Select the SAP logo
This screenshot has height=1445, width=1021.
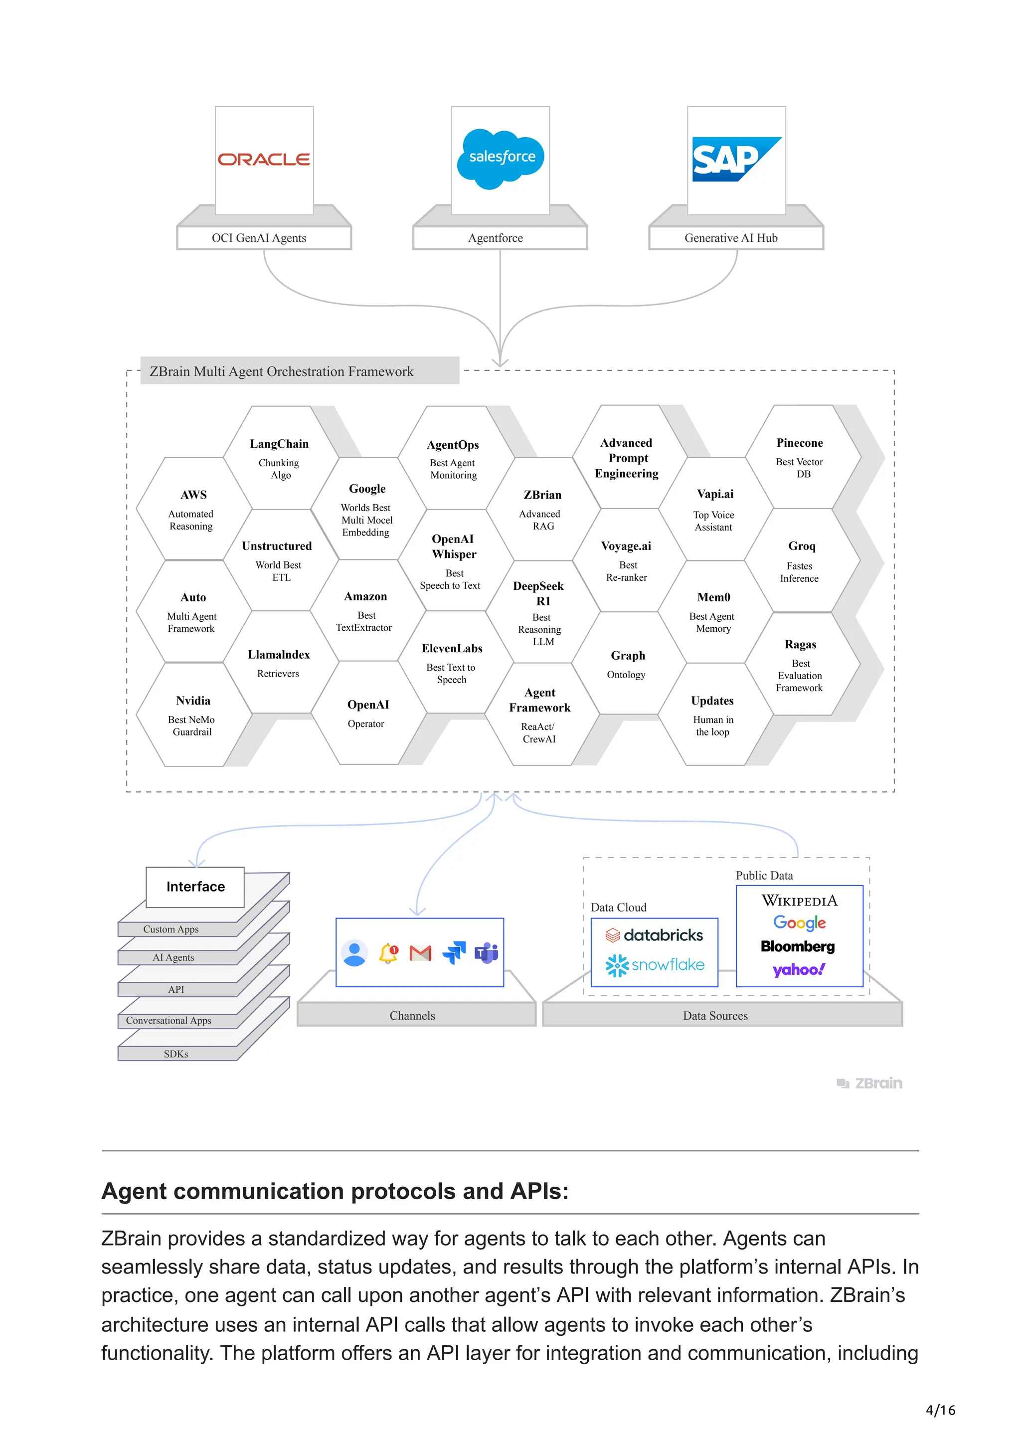735,159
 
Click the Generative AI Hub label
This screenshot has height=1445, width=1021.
731,238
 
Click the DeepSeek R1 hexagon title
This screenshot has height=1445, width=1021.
538,593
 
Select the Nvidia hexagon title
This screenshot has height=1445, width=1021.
193,701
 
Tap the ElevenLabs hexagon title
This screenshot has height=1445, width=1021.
452,648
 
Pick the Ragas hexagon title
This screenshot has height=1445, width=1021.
800,644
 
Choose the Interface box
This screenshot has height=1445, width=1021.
195,887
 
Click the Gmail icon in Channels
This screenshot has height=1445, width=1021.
420,953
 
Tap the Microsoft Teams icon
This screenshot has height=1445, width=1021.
486,953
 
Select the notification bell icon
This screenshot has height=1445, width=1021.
388,953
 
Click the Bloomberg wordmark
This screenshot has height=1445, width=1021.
798,946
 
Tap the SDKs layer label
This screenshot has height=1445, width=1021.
176,1054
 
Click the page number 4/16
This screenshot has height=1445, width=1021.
940,1410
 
